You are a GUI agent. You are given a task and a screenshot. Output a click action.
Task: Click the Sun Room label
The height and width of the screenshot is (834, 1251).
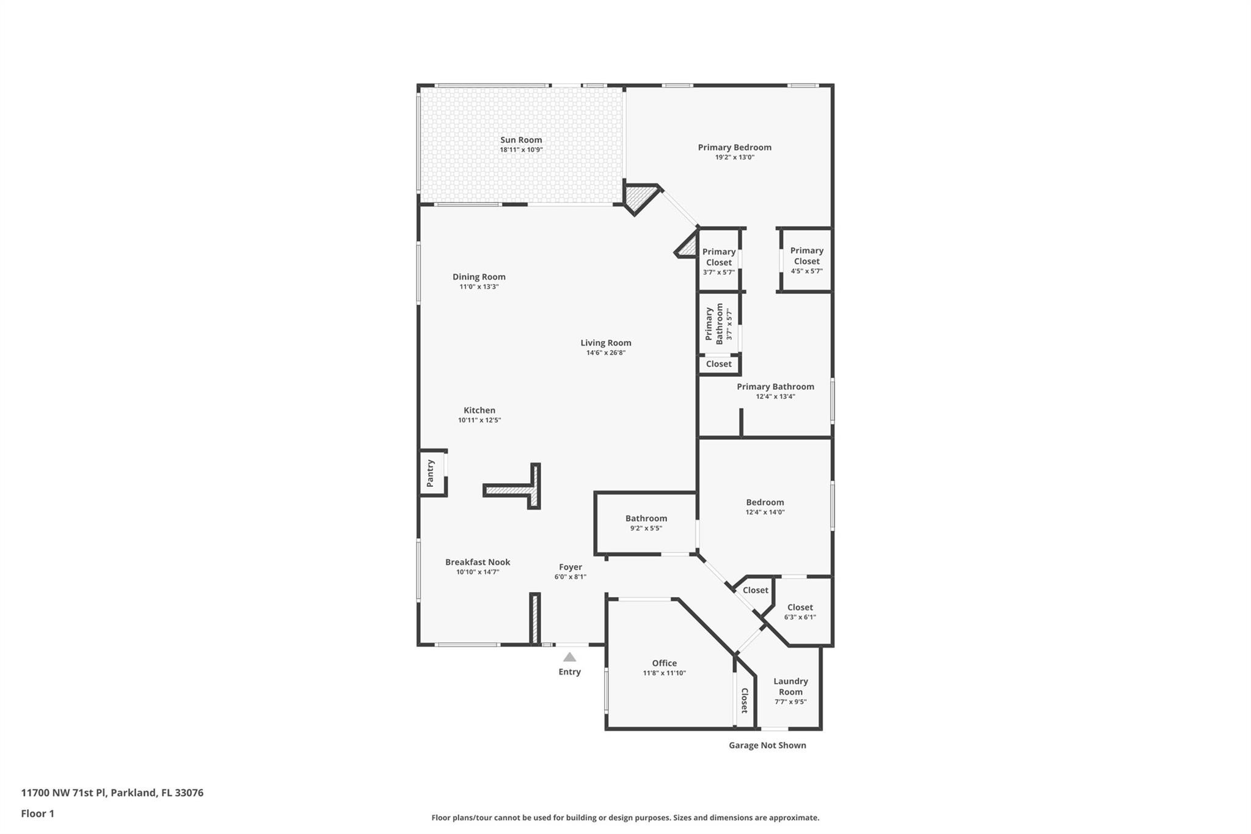[521, 140]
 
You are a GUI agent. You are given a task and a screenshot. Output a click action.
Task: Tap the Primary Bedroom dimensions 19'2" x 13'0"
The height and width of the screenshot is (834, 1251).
[734, 157]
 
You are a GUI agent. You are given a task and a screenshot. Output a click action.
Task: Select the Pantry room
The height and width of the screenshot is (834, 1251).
[431, 473]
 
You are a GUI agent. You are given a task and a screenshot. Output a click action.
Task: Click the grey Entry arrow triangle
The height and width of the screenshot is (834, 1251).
[569, 657]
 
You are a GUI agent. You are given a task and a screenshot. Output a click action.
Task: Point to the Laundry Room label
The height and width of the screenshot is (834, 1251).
[790, 686]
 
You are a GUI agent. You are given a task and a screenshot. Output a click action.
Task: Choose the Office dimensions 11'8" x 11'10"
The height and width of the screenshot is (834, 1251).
[664, 673]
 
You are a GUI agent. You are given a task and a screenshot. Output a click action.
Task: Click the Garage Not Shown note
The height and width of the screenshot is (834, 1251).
[767, 745]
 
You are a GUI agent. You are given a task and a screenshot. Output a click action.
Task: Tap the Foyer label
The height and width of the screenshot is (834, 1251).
[571, 567]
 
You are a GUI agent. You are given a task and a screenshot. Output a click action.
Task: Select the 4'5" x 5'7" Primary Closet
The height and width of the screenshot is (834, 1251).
[806, 260]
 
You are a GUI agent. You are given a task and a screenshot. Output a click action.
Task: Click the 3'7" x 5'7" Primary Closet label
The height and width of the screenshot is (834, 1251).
[718, 257]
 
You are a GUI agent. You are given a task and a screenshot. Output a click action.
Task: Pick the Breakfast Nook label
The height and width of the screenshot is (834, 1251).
[477, 562]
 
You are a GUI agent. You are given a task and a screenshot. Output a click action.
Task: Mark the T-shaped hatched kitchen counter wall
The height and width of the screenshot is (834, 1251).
[525, 489]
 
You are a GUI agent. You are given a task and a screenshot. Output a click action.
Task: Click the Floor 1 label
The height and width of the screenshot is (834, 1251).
[37, 813]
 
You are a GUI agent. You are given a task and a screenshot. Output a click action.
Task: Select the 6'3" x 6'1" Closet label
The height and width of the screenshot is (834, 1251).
[800, 607]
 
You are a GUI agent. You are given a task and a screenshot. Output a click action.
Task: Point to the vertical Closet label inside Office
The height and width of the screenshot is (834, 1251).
[745, 700]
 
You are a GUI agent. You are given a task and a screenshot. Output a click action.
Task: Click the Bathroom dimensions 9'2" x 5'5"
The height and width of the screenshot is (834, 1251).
[646, 528]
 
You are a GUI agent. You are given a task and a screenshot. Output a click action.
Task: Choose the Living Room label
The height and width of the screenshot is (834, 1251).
[605, 343]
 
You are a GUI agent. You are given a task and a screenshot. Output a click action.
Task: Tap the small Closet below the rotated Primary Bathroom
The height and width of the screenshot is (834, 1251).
[718, 364]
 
